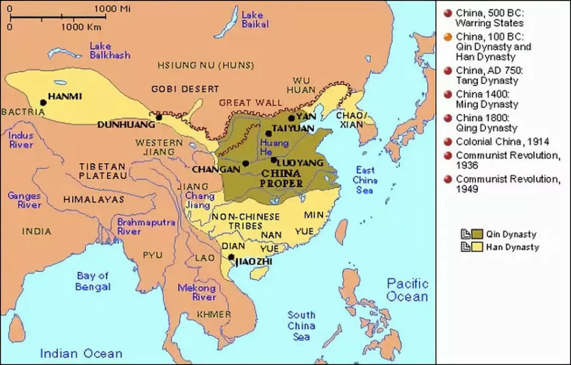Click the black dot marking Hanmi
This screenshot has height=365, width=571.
pyautogui.click(x=43, y=103)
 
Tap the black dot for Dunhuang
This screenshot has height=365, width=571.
pyautogui.click(x=159, y=117)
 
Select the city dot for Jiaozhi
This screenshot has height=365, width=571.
pyautogui.click(x=231, y=257)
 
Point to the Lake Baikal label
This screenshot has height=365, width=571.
pyautogui.click(x=252, y=19)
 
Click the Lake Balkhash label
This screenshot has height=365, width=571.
pyautogui.click(x=109, y=50)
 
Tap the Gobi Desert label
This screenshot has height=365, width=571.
pyautogui.click(x=185, y=89)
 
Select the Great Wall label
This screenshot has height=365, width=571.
pyautogui.click(x=250, y=103)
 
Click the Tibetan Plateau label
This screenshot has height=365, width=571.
pyautogui.click(x=103, y=171)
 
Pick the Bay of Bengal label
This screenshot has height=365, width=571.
pyautogui.click(x=93, y=281)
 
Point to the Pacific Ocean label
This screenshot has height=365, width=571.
pyautogui.click(x=407, y=290)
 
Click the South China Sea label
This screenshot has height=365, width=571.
pyautogui.click(x=301, y=325)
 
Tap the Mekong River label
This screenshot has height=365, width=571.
pyautogui.click(x=196, y=293)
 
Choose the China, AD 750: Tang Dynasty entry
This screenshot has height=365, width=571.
pyautogui.click(x=486, y=76)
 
